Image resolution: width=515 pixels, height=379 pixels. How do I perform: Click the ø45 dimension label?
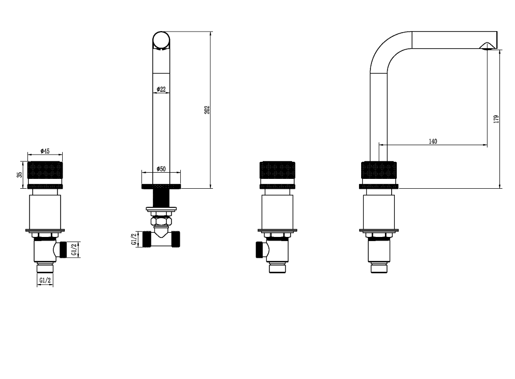[x=45, y=151]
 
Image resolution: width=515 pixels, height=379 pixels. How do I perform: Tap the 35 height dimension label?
[x=20, y=175]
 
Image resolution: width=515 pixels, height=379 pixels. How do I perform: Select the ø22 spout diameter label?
[x=161, y=89]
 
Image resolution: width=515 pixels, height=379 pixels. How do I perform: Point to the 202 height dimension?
[x=207, y=110]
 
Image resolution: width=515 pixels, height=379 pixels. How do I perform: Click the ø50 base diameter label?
[x=161, y=169]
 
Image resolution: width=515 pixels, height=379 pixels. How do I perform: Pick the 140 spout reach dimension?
[x=433, y=142]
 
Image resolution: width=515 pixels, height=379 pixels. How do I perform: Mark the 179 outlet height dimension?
[x=496, y=119]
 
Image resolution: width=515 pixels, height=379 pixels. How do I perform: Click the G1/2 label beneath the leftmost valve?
[x=45, y=280]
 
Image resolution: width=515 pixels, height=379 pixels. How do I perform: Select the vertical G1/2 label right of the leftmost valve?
[x=74, y=249]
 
